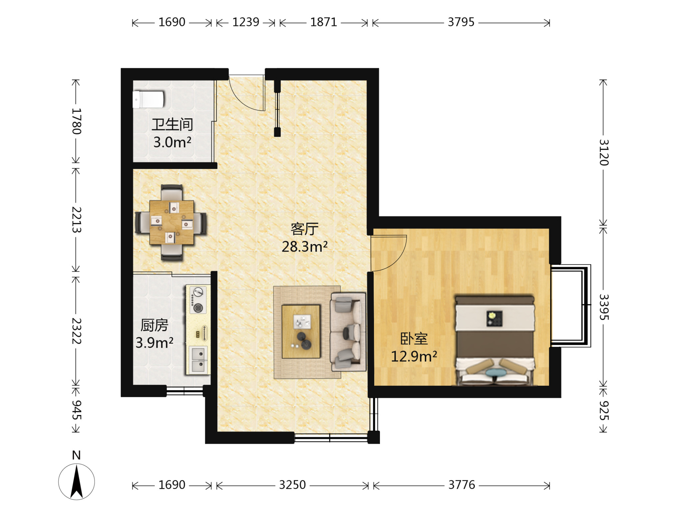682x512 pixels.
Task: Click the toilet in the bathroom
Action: click(x=149, y=100)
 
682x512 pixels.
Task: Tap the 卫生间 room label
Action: click(x=172, y=125)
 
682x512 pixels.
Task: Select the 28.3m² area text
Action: click(x=304, y=247)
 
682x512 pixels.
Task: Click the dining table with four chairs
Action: click(x=171, y=222)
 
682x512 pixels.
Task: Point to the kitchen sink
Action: click(x=198, y=360)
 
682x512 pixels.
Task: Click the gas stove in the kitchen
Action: click(x=198, y=300)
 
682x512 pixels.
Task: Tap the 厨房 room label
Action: click(x=154, y=325)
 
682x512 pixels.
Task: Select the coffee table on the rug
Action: click(x=301, y=332)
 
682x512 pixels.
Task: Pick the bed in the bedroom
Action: click(x=495, y=340)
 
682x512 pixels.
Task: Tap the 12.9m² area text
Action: click(x=414, y=356)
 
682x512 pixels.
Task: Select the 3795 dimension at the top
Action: click(x=461, y=22)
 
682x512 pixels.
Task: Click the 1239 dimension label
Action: click(x=246, y=22)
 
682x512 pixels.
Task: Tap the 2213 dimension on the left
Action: click(x=77, y=220)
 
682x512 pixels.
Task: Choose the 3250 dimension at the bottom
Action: click(x=292, y=485)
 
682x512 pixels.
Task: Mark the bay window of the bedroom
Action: click(x=571, y=306)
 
